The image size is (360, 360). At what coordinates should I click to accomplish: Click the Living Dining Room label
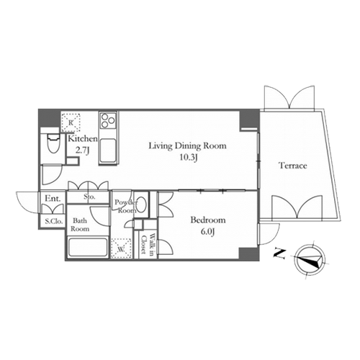[x=187, y=145]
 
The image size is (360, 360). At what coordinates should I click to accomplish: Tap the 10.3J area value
[x=189, y=158]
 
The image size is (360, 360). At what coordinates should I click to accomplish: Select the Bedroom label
[x=208, y=220]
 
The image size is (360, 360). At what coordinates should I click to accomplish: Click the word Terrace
[x=293, y=166]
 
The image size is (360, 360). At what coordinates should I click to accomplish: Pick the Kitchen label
[x=83, y=139]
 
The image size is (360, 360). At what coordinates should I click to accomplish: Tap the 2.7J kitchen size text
[x=83, y=150]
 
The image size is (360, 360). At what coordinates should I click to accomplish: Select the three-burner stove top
[x=108, y=120]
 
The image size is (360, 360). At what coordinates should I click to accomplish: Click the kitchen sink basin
[x=108, y=150]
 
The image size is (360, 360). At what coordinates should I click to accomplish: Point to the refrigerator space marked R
[x=71, y=122]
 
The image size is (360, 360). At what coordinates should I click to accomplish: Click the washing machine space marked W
[x=121, y=248]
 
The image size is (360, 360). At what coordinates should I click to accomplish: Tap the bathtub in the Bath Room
[x=87, y=247]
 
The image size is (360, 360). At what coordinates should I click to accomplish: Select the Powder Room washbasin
[x=142, y=204]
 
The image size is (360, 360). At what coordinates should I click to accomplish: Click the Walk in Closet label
[x=148, y=243]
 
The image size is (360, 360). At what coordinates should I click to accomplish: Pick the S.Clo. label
[x=54, y=221]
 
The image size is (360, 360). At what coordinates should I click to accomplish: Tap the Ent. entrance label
[x=53, y=199]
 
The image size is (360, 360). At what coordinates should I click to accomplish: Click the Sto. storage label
[x=89, y=197]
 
